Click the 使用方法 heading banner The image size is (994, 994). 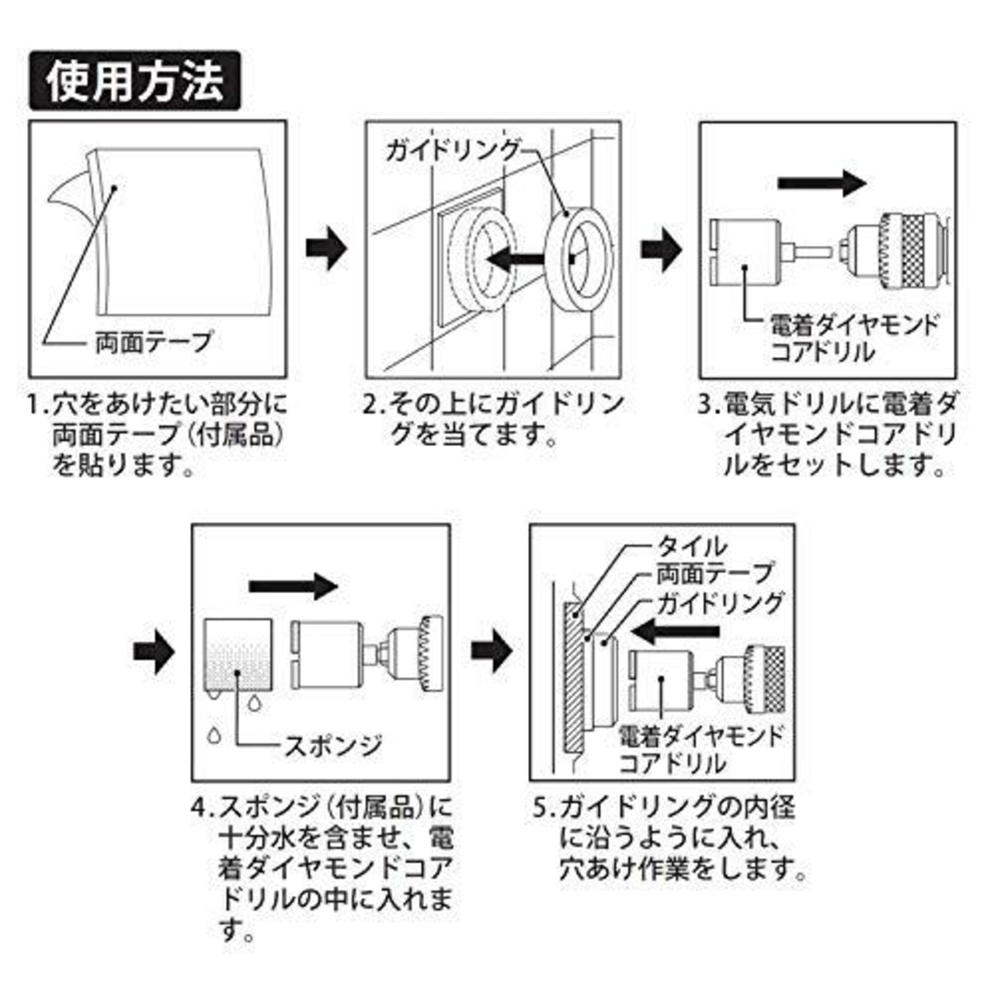pyautogui.click(x=134, y=81)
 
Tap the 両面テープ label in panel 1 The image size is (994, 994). pyautogui.click(x=153, y=342)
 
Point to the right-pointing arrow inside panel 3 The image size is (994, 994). pyautogui.click(x=822, y=183)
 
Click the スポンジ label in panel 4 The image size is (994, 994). pyautogui.click(x=333, y=745)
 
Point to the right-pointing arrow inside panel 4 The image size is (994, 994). pyautogui.click(x=293, y=586)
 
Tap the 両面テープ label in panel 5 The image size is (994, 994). pyautogui.click(x=715, y=573)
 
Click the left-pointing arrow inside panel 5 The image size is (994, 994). pyautogui.click(x=676, y=632)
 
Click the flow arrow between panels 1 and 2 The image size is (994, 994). pyautogui.click(x=326, y=248)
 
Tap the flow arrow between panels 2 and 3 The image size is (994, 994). pyautogui.click(x=661, y=249)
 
